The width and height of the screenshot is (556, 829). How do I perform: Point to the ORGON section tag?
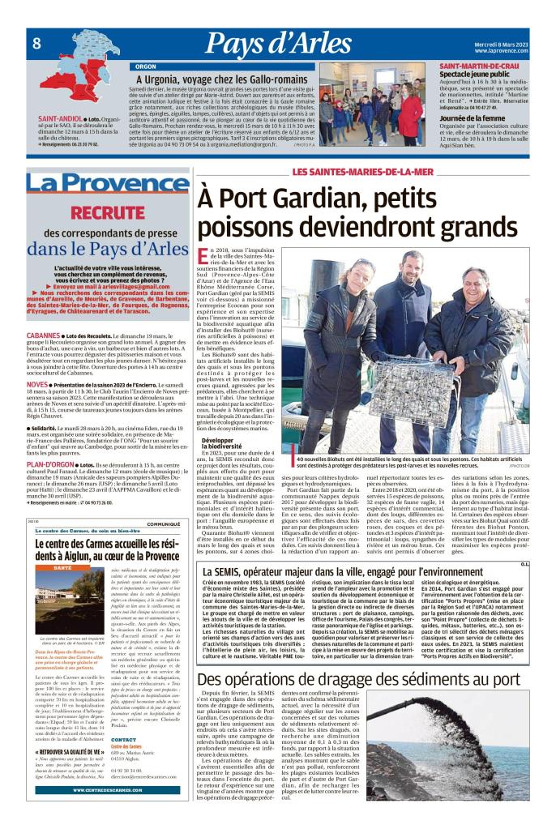tap(146, 66)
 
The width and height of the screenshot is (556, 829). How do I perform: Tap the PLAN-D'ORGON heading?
tap(49, 465)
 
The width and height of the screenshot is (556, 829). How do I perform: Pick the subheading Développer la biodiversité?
tap(223, 444)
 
